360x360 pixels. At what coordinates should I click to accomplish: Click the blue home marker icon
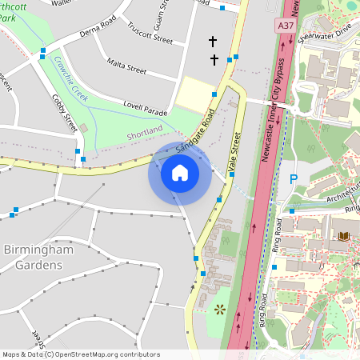pyautogui.click(x=179, y=173)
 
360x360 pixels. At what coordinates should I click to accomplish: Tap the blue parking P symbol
pyautogui.click(x=293, y=180)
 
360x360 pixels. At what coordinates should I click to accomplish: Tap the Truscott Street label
pyautogui.click(x=150, y=33)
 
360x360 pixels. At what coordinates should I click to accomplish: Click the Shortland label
pyautogui.click(x=144, y=131)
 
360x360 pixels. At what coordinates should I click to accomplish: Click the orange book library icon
pyautogui.click(x=344, y=236)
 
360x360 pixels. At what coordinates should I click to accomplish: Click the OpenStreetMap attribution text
pyautogui.click(x=80, y=354)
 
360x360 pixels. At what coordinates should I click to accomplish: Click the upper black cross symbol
pyautogui.click(x=213, y=40)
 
